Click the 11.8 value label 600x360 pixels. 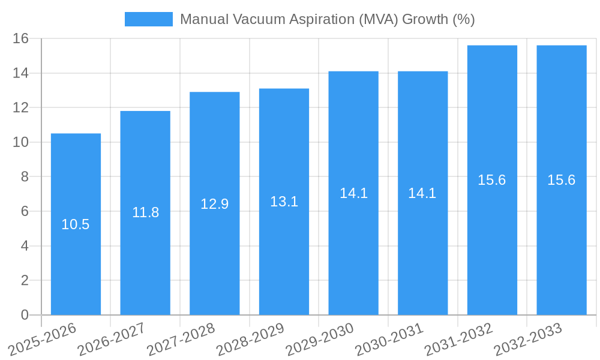[x=145, y=212]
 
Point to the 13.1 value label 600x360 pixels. [x=284, y=202]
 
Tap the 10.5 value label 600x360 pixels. [x=76, y=224]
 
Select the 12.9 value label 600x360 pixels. [x=215, y=204]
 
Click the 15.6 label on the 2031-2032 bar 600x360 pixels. [x=492, y=180]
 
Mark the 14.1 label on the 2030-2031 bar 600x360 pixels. [x=422, y=193]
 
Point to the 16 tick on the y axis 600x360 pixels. [x=21, y=38]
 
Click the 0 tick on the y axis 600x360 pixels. [x=25, y=314]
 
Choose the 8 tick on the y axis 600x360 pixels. [x=25, y=176]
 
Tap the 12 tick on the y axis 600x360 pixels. [x=21, y=107]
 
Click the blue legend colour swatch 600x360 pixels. [x=148, y=19]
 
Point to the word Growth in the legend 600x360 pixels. [x=424, y=19]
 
